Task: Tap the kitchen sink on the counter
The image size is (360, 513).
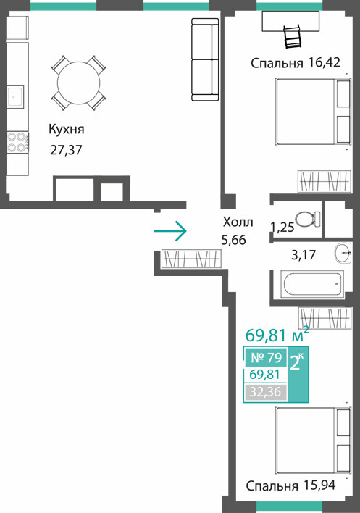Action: pos(15,96)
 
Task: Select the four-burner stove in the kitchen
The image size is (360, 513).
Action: pos(17,142)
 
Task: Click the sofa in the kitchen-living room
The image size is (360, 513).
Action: pos(205,59)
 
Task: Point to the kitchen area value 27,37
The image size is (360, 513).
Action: pos(66,150)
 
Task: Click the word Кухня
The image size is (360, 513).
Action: pos(67,129)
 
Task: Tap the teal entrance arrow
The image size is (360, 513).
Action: pos(170,231)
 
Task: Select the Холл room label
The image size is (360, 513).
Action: pos(238,222)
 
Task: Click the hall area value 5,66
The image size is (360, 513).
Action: pos(233,241)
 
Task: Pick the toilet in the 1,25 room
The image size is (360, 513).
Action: pos(308,219)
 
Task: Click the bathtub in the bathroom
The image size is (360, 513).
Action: pos(313,284)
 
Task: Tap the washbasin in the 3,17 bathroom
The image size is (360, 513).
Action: pos(343,253)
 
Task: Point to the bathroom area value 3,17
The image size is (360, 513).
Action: pos(304,255)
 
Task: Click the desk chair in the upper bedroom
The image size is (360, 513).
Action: pos(293,36)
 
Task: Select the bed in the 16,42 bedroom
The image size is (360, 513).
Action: pos(314,112)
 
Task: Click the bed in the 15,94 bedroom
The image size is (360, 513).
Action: pos(314,441)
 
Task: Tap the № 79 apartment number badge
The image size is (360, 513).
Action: pos(266,358)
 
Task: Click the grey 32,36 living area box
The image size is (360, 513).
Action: pos(265,392)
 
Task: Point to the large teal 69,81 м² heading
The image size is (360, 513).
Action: pos(277,334)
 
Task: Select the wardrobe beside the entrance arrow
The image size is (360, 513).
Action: pos(191,259)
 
